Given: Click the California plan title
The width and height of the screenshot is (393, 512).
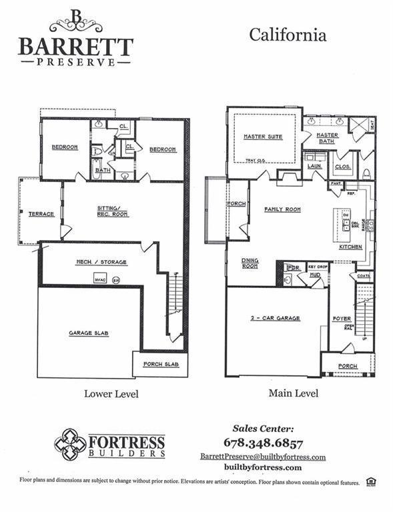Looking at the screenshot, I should click(x=288, y=35).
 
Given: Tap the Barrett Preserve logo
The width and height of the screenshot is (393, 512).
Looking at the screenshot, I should click(x=75, y=38).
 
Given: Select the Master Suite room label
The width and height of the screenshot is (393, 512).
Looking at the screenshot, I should click(x=263, y=137).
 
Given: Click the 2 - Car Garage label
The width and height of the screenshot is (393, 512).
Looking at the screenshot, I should click(x=276, y=318).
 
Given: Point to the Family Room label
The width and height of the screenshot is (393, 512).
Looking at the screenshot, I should click(x=282, y=209).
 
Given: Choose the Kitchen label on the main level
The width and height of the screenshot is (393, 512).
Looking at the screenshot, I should click(x=350, y=247).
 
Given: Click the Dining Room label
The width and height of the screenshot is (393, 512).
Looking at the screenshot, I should click(x=250, y=263).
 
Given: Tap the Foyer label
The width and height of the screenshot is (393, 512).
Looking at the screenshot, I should click(x=341, y=319).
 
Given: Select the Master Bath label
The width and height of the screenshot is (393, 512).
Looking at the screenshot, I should click(x=327, y=137).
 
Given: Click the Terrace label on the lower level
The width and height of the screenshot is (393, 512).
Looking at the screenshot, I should click(x=41, y=214).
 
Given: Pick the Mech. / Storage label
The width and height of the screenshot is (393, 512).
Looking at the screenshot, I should click(x=101, y=262).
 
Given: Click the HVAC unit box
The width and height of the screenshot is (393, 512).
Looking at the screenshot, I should click(x=101, y=279).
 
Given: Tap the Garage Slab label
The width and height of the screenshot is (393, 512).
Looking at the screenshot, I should click(x=89, y=333).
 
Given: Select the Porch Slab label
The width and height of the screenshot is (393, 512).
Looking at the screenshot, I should click(x=161, y=364).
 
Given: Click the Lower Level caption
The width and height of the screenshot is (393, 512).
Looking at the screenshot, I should click(x=111, y=394).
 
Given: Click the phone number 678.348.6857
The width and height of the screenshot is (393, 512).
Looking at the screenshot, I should click(x=263, y=443).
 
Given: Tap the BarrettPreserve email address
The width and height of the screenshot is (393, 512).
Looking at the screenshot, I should click(x=263, y=457).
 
